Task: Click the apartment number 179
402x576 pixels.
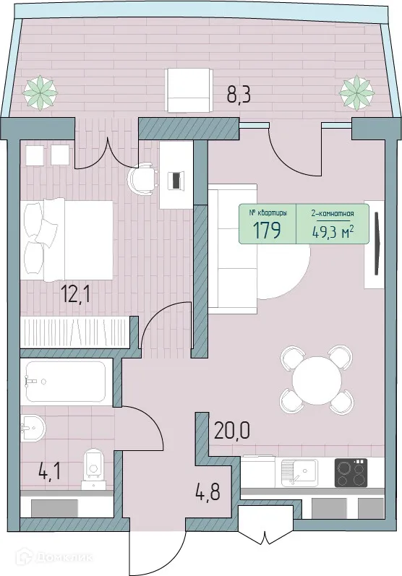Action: coord(268,231)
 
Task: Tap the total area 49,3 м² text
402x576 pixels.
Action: coord(332,231)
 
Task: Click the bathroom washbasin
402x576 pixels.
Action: coord(32,429)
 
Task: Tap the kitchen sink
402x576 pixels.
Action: coord(299,473)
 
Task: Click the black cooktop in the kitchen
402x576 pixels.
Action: coord(351,473)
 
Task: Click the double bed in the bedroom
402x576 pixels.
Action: coord(67,239)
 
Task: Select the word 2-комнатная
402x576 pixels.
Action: coord(332,214)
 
